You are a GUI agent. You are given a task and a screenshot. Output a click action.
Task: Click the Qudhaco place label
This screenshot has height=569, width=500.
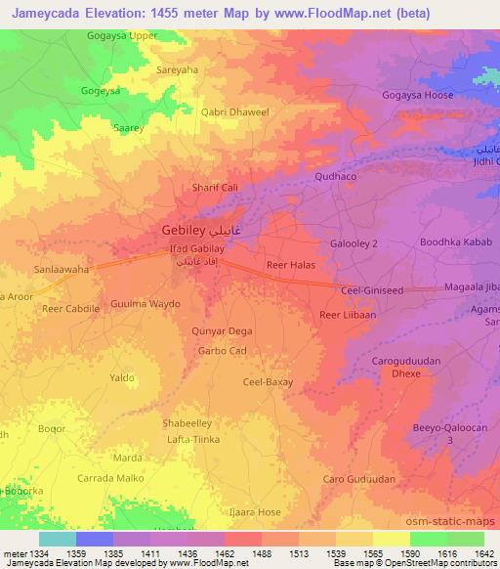pos(339,177)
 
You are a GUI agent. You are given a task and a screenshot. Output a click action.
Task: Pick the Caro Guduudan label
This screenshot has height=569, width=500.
pos(359,479)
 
